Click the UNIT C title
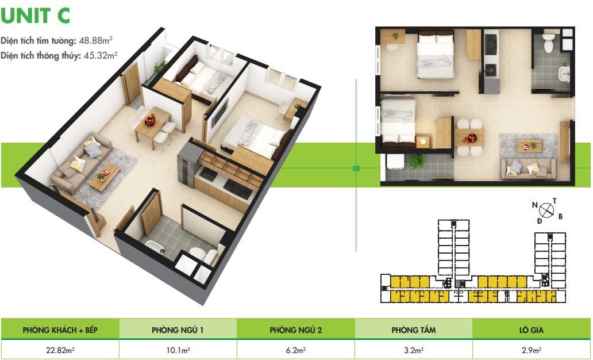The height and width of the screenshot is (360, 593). coord(35,15)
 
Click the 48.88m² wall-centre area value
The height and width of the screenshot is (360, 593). coord(96,40)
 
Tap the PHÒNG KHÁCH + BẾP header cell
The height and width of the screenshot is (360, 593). coord(60,330)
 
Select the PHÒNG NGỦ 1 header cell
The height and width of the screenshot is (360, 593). coord(178,330)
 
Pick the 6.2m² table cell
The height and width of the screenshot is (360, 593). coord(296,350)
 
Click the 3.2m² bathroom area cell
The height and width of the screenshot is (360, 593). coord(413,350)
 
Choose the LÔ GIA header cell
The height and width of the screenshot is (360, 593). coord(532,330)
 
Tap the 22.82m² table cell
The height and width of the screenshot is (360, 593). coord(60,350)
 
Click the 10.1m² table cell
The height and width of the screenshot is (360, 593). coord(178,350)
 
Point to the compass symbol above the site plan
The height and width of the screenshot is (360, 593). coord(546,210)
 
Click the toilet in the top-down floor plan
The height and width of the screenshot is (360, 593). coord(548,43)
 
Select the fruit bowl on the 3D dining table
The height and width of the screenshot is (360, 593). coord(150,120)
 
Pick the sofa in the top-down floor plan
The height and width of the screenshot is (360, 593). coord(528,168)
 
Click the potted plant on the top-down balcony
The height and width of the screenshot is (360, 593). coord(417,160)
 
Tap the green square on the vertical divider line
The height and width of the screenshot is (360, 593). coord(356,168)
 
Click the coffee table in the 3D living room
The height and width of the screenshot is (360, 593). coord(105,177)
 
